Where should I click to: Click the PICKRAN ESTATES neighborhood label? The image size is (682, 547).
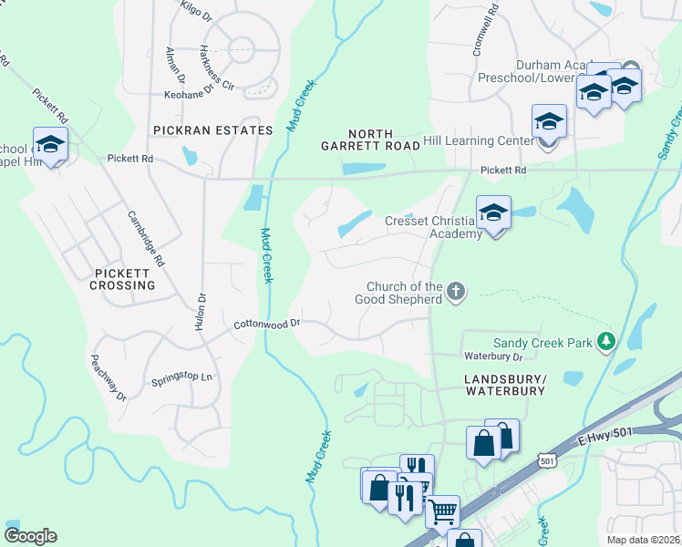coord(212,130)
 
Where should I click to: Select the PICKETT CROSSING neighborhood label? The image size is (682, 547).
coord(122,279)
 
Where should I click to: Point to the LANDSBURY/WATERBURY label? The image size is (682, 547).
coord(503,384)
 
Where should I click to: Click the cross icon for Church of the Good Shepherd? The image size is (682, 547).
coord(456,293)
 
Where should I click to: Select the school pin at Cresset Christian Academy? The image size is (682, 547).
coord(493,214)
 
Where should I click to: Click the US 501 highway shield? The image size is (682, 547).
coord(547,462)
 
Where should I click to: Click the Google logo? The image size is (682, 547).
coord(30,535)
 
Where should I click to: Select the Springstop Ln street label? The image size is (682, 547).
coord(181,377)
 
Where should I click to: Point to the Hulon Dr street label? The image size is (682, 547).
coord(200,311)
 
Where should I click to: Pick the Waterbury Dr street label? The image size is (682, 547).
coord(491,356)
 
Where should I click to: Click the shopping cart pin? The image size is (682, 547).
coord(443,511)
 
